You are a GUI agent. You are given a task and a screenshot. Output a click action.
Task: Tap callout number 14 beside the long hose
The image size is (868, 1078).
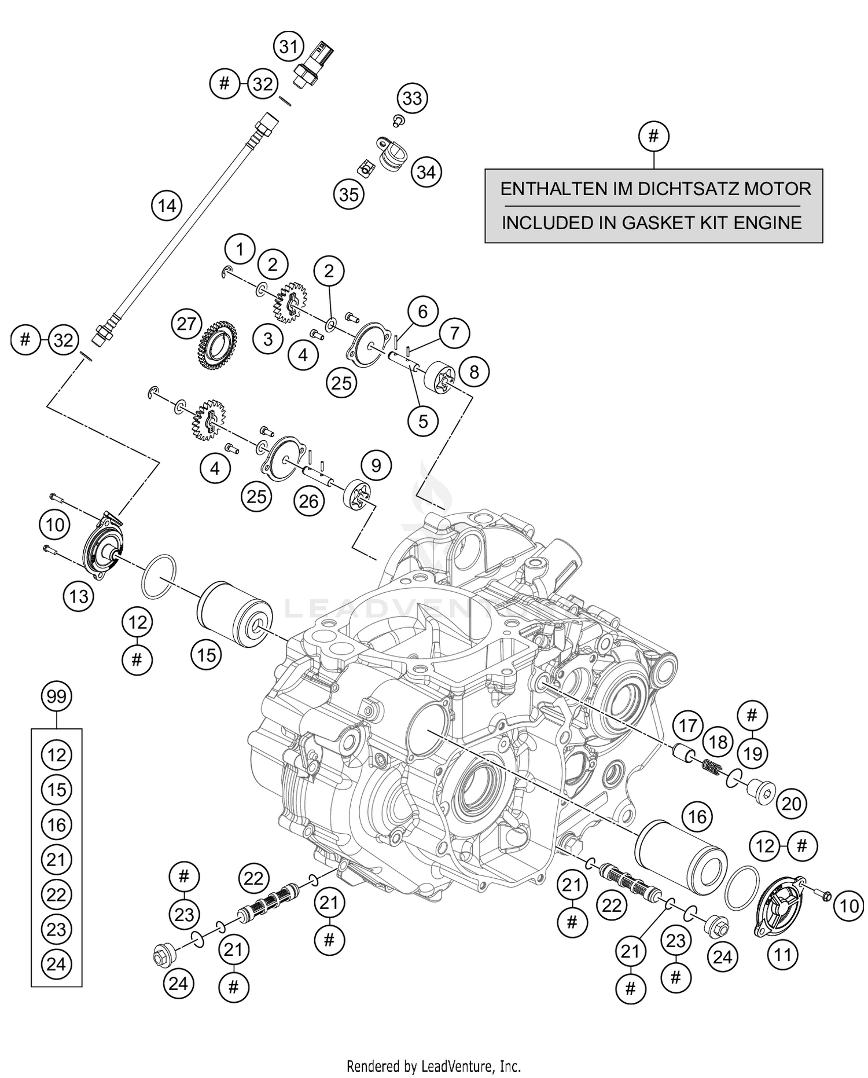(x=167, y=206)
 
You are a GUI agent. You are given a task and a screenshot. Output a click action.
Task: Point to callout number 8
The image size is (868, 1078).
(x=474, y=372)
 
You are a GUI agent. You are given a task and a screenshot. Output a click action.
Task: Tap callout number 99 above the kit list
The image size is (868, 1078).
(x=57, y=697)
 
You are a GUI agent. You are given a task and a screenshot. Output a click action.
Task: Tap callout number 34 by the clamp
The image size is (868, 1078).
(x=426, y=173)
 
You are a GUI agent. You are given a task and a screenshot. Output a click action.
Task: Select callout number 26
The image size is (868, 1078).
(x=308, y=501)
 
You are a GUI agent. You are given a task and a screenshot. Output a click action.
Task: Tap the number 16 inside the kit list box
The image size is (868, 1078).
(x=57, y=824)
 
